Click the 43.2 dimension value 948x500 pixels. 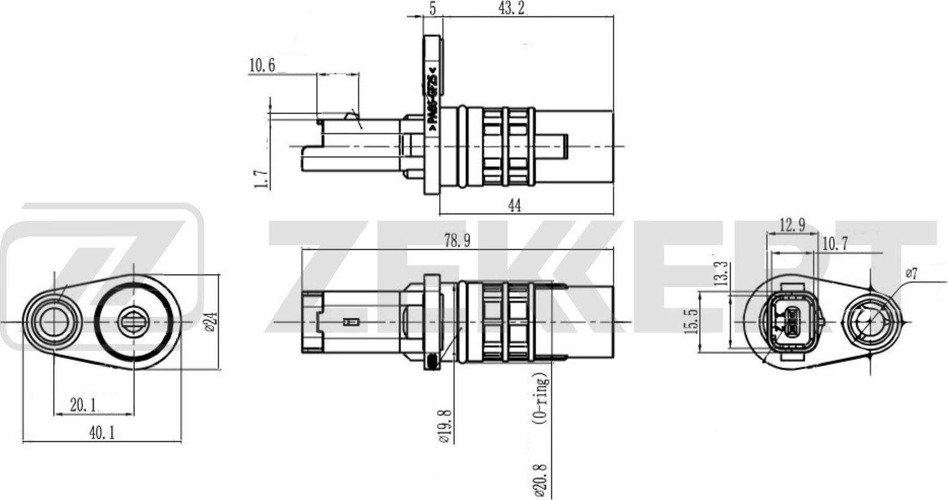509,9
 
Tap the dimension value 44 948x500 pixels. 514,205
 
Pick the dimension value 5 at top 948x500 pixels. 432,9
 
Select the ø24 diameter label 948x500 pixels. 211,320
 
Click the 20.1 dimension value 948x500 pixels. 83,405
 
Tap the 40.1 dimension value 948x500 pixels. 97,433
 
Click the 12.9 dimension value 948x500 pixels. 792,226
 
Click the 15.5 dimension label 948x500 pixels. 691,320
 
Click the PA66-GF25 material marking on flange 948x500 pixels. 432,98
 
